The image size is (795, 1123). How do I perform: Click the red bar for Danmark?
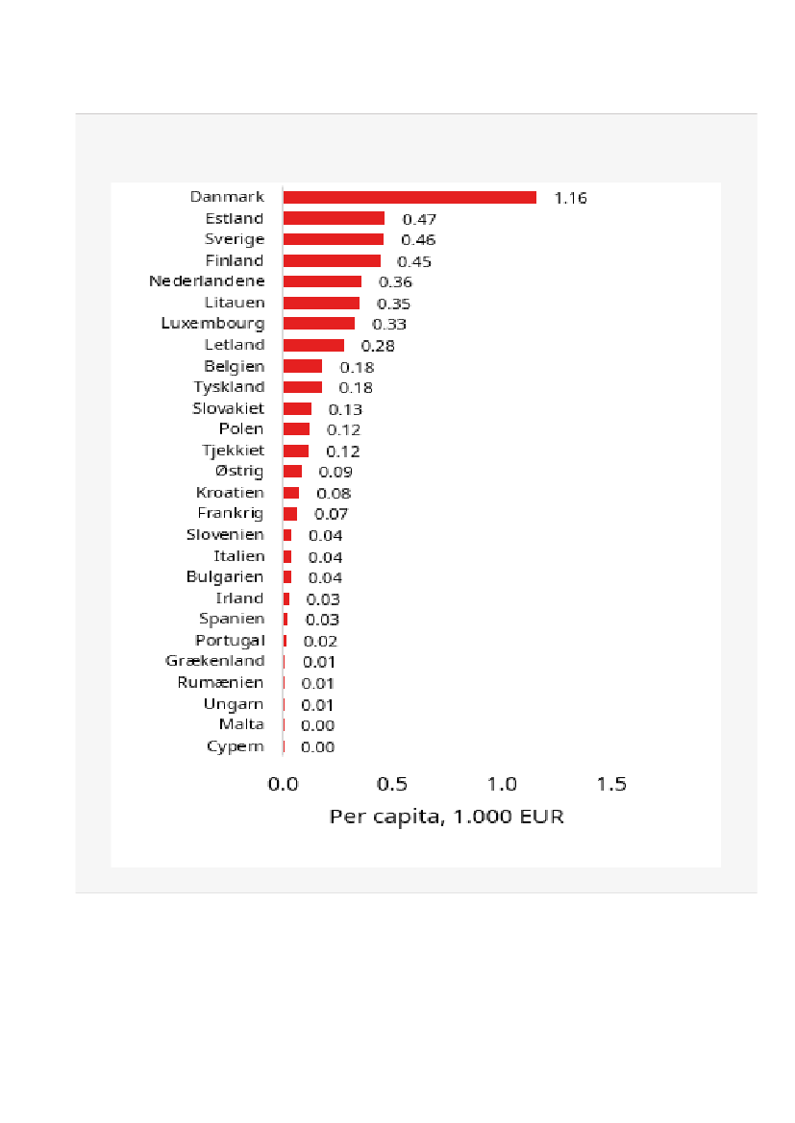coord(410,197)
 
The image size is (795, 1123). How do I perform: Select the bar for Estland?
coord(334,218)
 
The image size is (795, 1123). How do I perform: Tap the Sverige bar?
coord(333,239)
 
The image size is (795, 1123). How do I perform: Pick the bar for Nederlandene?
coord(322,281)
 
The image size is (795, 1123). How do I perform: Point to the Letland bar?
coord(313,345)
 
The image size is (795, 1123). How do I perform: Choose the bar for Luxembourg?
coord(318,324)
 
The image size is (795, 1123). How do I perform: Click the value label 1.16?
coord(570,198)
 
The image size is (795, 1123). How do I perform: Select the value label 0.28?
coord(378,346)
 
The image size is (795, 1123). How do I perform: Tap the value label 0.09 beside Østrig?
coord(335,472)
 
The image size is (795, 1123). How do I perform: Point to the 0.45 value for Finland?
coord(415,261)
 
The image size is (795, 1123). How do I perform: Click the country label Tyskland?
coord(229,387)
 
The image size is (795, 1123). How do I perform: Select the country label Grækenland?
coord(214,661)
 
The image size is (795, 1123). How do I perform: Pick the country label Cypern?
coord(235,746)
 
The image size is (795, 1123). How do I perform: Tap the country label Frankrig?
coord(231,514)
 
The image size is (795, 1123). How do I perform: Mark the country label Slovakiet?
coord(228,408)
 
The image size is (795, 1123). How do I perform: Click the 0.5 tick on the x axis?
coord(392,784)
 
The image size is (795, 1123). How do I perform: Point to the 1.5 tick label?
coord(611,784)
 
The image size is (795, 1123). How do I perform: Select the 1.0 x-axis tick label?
coord(502,784)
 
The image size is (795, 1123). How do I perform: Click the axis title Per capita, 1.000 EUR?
coord(446,818)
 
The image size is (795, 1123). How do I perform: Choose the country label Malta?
coord(241,724)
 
